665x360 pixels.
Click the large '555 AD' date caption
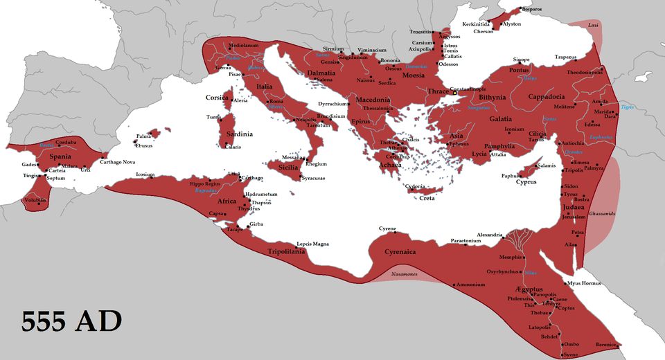click(x=71, y=322)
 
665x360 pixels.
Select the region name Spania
click(x=61, y=156)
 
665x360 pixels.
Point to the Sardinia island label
click(x=237, y=134)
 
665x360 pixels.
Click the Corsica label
click(x=217, y=98)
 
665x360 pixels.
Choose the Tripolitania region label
click(x=286, y=252)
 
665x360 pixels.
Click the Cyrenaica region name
click(x=401, y=252)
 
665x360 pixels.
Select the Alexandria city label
click(x=490, y=235)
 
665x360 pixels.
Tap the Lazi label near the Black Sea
click(x=593, y=25)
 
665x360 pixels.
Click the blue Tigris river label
click(x=627, y=107)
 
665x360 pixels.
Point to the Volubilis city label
click(x=35, y=200)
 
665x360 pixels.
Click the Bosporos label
click(x=532, y=9)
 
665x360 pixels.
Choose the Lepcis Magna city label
click(x=312, y=244)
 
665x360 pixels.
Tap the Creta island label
click(x=428, y=199)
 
